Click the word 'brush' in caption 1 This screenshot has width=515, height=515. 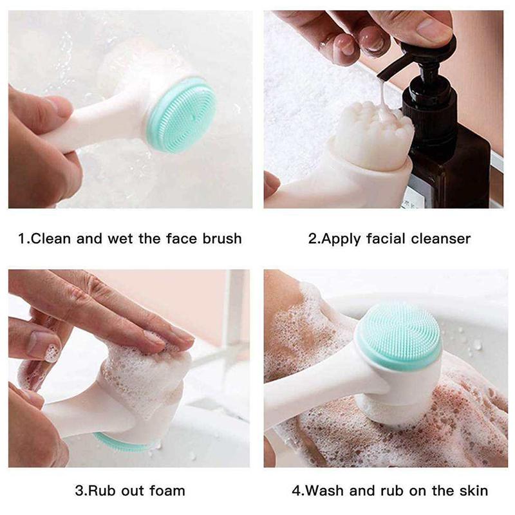tap(220, 239)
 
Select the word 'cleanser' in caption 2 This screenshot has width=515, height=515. tap(437, 239)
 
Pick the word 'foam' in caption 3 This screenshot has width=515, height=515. tap(167, 491)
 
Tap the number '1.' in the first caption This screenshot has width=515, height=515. tap(24, 239)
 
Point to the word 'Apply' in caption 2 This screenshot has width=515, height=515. tap(341, 239)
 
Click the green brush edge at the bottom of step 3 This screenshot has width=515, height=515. tap(119, 443)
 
